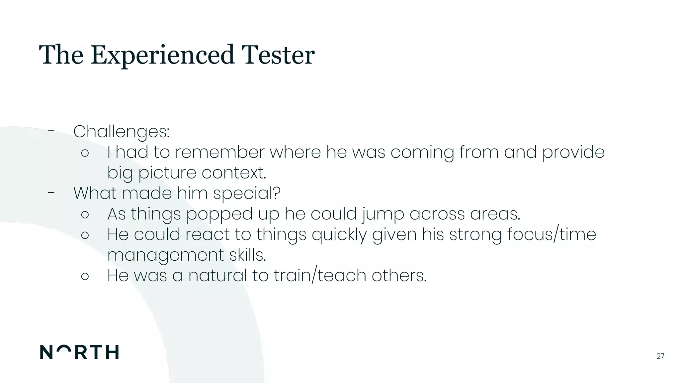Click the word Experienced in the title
point(163,55)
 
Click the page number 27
point(660,356)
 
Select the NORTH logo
point(79,352)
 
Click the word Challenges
point(121,132)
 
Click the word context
point(234,173)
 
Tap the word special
point(246,193)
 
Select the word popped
point(219,214)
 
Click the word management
point(166,255)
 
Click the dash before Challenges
point(51,131)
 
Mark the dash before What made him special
point(51,192)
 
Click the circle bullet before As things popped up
point(85,214)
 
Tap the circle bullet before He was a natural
point(85,276)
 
